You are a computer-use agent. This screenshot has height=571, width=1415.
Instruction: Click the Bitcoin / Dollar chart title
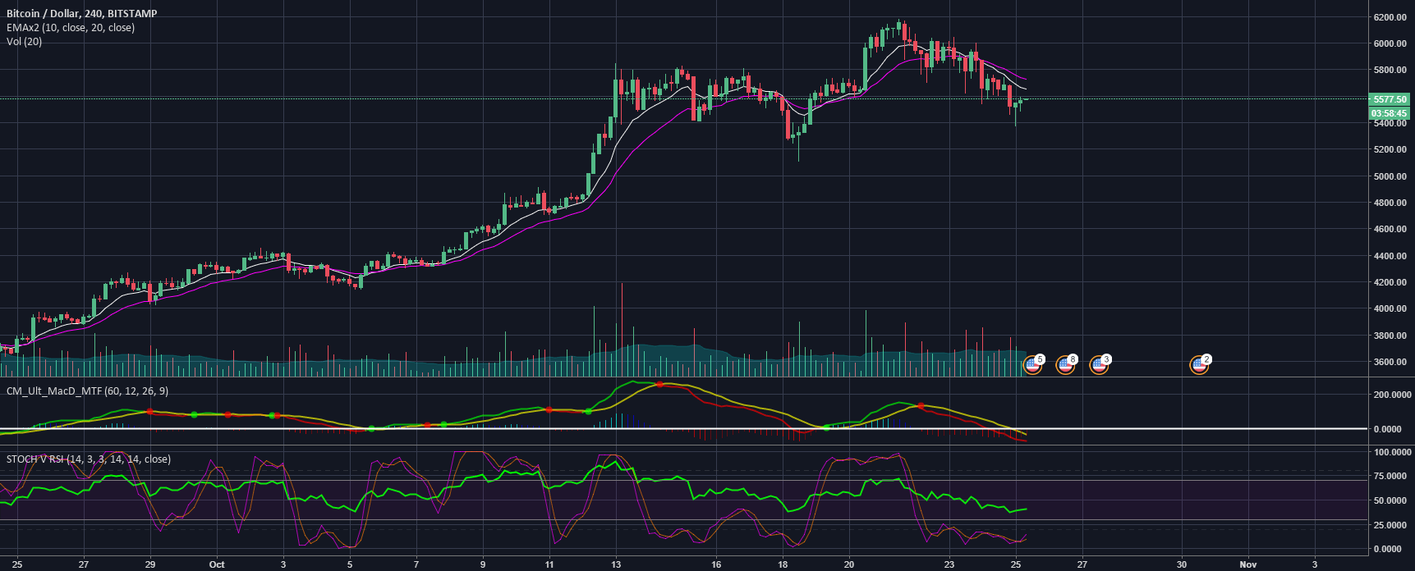click(81, 13)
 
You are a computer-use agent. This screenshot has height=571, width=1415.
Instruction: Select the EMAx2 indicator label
click(71, 27)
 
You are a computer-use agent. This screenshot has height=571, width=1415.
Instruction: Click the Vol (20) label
click(24, 41)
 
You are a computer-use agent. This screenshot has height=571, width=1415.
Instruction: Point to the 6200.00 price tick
click(1390, 17)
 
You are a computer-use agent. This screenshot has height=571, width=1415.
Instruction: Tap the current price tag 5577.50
click(1389, 99)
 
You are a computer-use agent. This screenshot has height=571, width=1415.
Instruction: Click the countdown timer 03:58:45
click(1389, 113)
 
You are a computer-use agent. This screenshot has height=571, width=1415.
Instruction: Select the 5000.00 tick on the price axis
click(1390, 176)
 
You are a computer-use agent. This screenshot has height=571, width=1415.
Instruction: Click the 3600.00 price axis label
click(1390, 362)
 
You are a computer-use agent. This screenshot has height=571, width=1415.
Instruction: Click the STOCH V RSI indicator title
click(89, 459)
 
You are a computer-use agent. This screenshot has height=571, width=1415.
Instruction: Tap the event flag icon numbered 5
click(1033, 365)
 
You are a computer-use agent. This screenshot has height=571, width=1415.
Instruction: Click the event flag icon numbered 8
click(1066, 365)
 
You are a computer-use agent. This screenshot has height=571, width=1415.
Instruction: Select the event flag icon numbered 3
click(1099, 365)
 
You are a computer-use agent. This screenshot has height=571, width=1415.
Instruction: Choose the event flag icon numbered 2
click(1200, 365)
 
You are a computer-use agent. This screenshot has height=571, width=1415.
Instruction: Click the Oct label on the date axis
click(217, 564)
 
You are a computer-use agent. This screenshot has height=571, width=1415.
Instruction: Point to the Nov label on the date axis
click(1248, 564)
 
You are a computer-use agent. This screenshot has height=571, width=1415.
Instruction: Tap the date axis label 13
click(616, 564)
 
